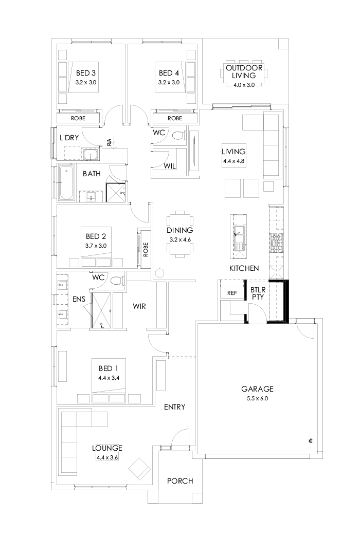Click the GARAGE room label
click(x=258, y=389)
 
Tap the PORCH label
click(x=180, y=481)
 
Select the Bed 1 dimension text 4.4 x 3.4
click(x=109, y=377)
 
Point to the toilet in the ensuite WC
click(x=117, y=281)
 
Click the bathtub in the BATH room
click(x=66, y=184)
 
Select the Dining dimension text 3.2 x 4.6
click(x=179, y=239)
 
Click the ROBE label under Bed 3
click(x=79, y=118)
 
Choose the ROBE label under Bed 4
click(x=175, y=118)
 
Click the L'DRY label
click(x=69, y=138)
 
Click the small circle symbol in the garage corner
click(x=311, y=440)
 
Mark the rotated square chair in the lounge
click(x=139, y=469)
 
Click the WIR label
click(x=139, y=306)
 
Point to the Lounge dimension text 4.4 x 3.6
click(x=107, y=457)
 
